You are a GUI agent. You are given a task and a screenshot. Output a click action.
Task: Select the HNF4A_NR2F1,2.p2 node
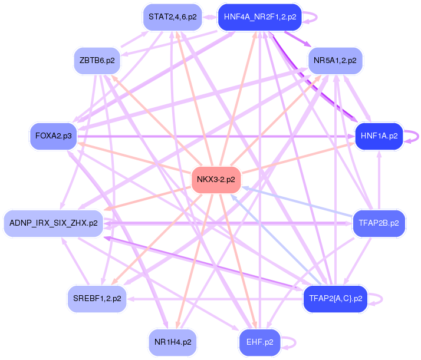pyautogui.click(x=259, y=17)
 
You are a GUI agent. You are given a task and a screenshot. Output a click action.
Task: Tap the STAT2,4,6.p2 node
pyautogui.click(x=172, y=16)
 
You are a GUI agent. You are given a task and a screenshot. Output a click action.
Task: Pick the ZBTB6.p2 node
pyautogui.click(x=97, y=60)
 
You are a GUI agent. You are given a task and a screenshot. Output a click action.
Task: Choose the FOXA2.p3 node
pyautogui.click(x=54, y=136)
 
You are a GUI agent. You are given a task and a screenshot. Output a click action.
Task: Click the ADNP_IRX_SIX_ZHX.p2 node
pyautogui.click(x=54, y=223)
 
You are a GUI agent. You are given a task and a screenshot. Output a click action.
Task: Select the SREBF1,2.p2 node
pyautogui.click(x=97, y=298)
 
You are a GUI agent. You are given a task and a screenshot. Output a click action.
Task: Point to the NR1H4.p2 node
pyautogui.click(x=172, y=342)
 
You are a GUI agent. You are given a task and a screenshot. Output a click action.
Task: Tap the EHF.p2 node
pyautogui.click(x=259, y=342)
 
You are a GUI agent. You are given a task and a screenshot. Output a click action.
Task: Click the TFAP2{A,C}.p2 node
pyautogui.click(x=335, y=298)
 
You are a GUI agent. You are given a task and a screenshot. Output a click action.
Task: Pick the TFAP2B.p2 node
pyautogui.click(x=379, y=223)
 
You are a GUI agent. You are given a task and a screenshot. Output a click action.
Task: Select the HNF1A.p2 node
pyautogui.click(x=379, y=136)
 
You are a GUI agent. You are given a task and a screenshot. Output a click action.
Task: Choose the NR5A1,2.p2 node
pyautogui.click(x=335, y=60)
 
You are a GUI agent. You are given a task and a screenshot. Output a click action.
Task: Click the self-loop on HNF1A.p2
pyautogui.click(x=413, y=136)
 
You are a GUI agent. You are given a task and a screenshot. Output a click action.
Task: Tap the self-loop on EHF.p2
pyautogui.click(x=290, y=342)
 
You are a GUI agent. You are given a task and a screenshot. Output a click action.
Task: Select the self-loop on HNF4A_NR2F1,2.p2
pyautogui.click(x=313, y=17)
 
